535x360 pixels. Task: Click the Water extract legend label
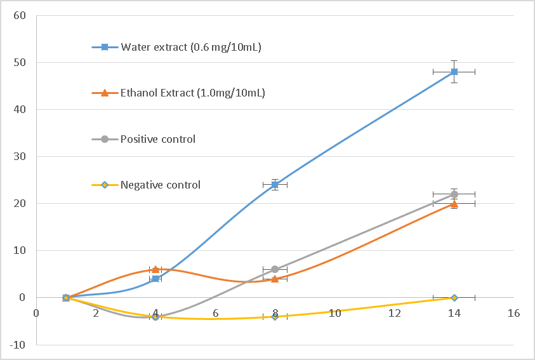[191, 47]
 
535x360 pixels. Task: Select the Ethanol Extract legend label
[193, 93]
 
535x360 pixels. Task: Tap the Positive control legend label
[158, 139]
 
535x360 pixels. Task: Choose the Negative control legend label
[161, 185]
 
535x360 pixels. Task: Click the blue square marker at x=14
[454, 72]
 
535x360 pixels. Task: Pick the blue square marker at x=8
[275, 185]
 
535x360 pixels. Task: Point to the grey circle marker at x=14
[454, 194]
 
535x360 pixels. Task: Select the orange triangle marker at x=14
[454, 204]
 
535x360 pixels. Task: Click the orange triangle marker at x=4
[155, 269]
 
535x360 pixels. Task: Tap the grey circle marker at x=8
[275, 269]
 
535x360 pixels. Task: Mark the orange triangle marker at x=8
[275, 279]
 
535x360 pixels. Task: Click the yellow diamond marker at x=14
[454, 297]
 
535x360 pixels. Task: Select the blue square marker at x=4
[155, 279]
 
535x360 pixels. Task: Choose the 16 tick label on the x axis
[513, 313]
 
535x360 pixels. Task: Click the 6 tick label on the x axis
[215, 313]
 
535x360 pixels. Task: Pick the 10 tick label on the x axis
[334, 313]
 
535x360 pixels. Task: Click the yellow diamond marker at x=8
[275, 316]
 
